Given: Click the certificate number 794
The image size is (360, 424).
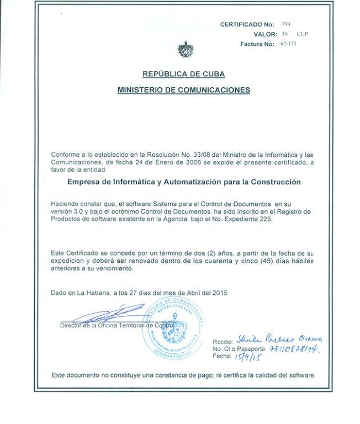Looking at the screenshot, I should click(x=285, y=24).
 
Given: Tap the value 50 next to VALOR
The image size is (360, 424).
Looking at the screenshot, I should click(x=285, y=34).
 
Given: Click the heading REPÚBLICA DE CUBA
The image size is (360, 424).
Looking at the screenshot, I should click(x=183, y=74).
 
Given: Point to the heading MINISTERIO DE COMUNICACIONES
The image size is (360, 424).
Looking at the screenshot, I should click(x=183, y=89).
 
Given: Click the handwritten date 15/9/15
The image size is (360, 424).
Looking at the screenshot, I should click(x=248, y=357).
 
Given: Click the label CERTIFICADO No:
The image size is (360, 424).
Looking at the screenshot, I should click(x=247, y=25).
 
